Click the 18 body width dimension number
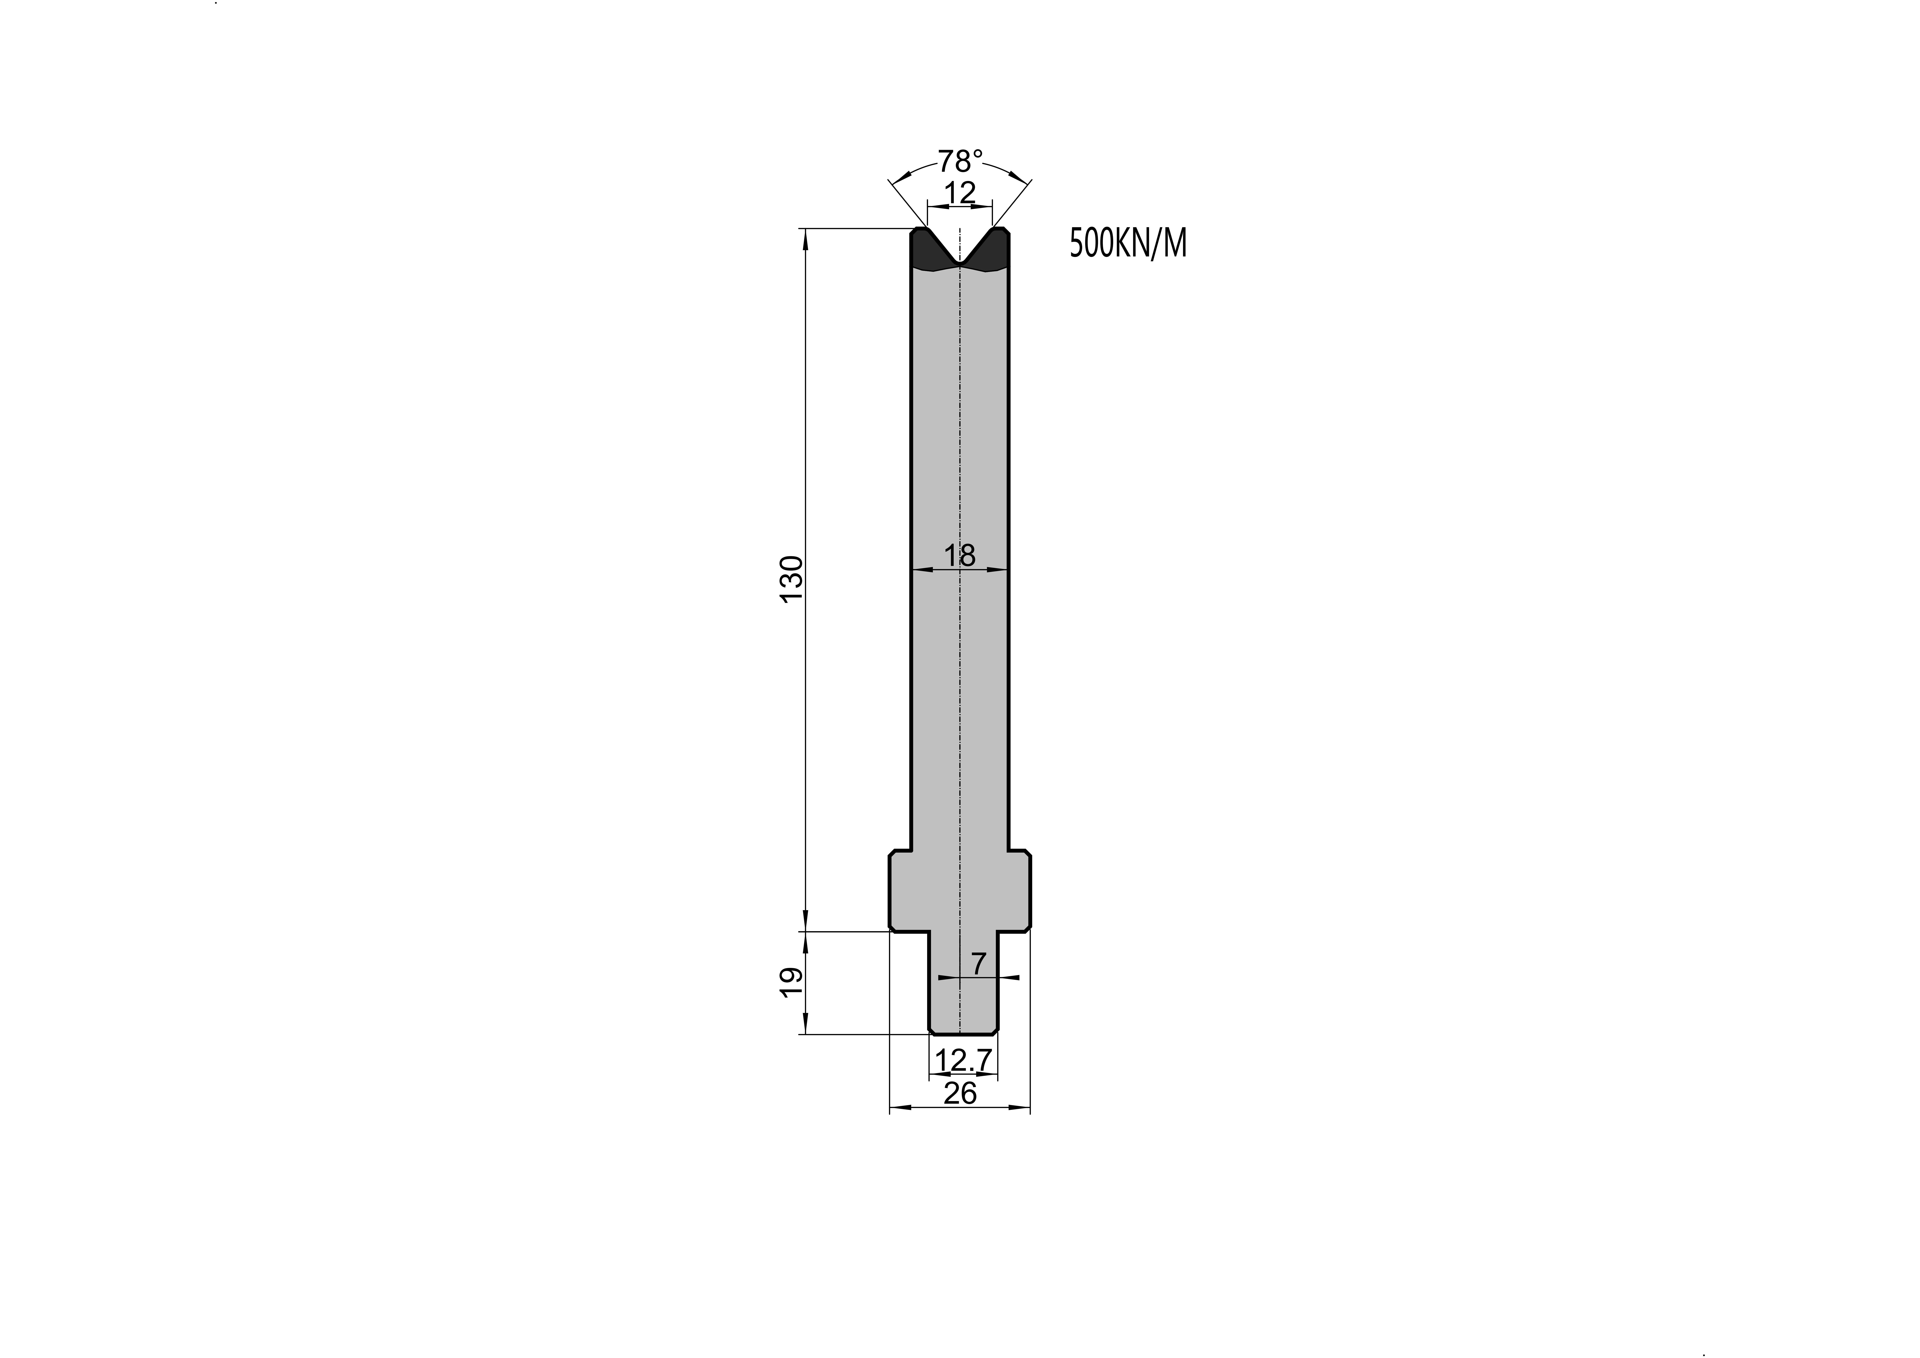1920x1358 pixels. click(x=960, y=555)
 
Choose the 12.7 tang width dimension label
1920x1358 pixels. click(x=963, y=1060)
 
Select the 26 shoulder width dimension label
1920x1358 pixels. click(x=960, y=1093)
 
